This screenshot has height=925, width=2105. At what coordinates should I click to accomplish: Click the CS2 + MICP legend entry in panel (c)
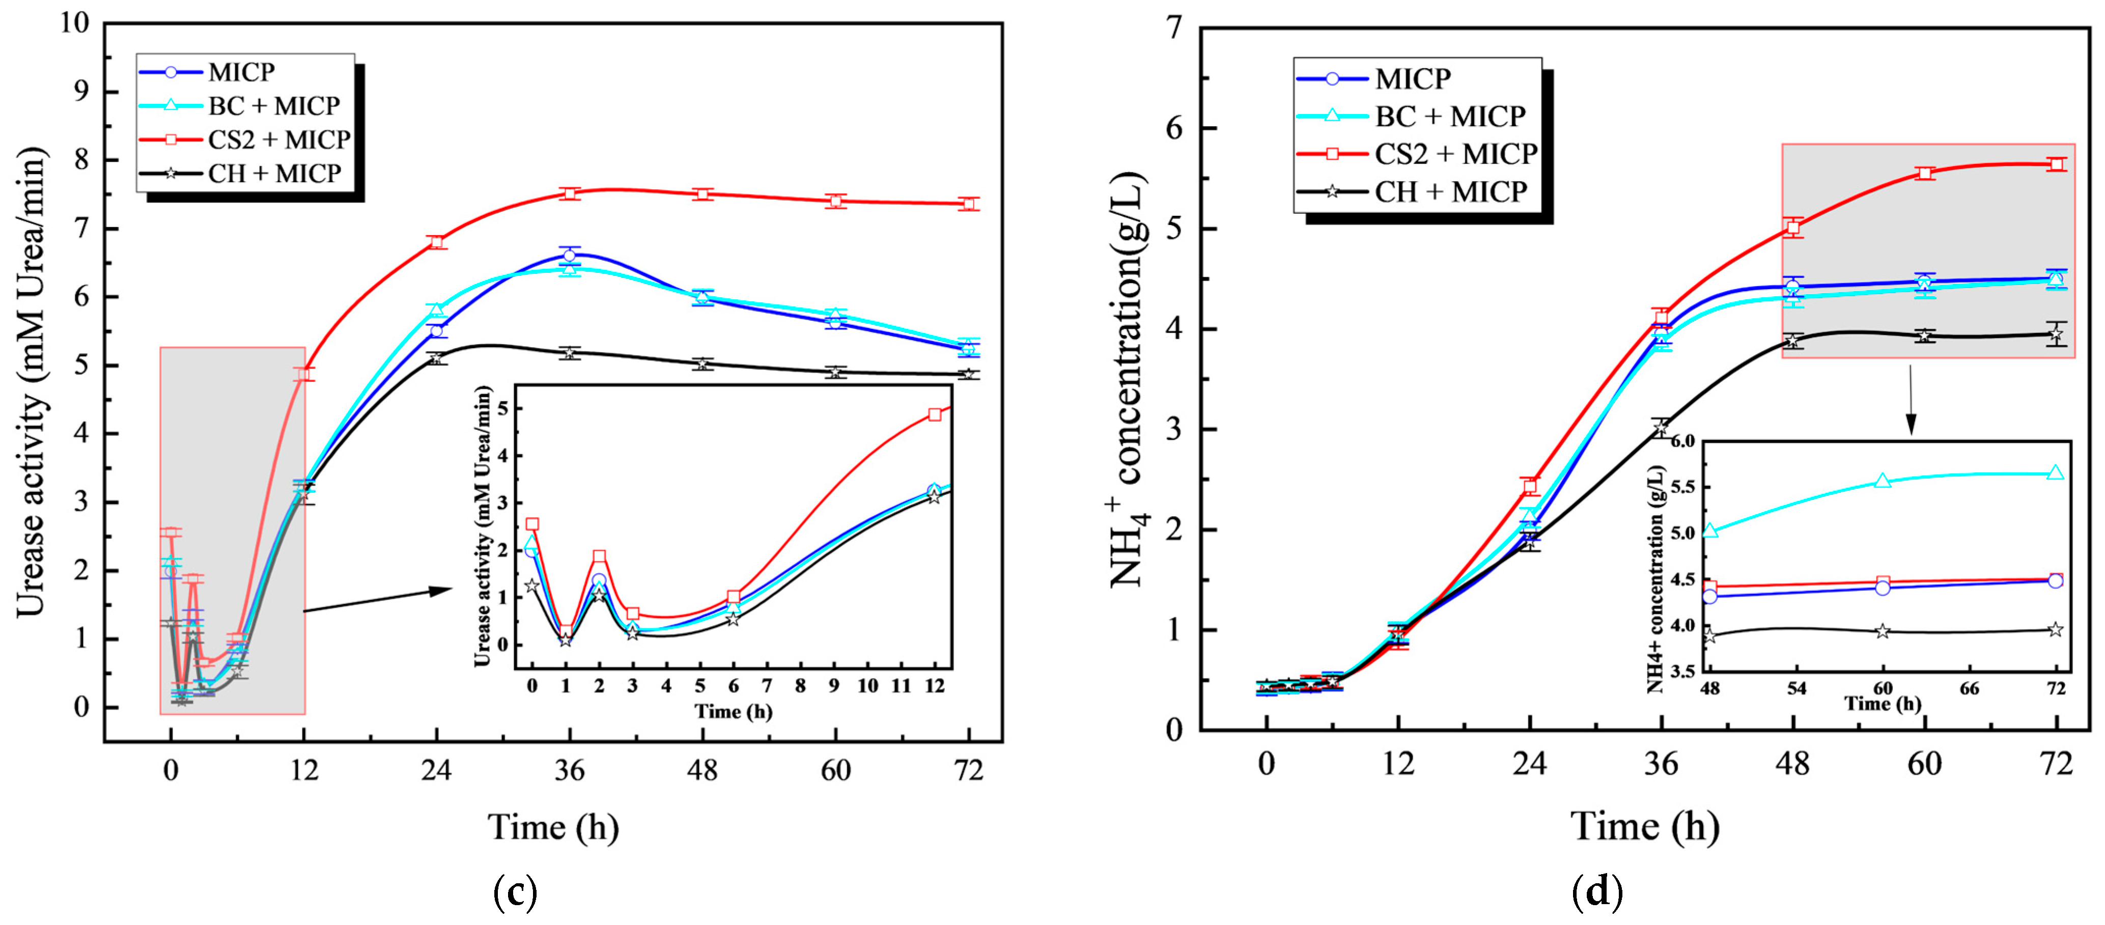point(278,139)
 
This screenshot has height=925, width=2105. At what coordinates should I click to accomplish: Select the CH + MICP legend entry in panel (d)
point(1450,192)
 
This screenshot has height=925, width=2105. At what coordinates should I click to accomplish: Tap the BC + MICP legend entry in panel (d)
point(1450,116)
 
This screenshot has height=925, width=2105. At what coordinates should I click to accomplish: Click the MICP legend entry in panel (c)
point(241,72)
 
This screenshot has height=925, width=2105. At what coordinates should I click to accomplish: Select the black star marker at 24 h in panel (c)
point(436,358)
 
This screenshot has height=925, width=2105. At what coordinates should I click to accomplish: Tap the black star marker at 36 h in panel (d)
point(1661,427)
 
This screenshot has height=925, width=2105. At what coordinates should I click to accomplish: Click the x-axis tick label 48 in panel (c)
point(702,771)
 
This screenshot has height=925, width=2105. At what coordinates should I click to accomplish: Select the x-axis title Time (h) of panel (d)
point(1644,826)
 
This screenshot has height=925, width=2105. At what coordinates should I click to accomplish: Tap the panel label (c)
point(516,893)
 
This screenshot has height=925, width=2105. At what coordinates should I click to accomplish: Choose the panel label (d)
point(1597,893)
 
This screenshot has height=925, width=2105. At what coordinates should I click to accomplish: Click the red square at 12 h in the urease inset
point(934,414)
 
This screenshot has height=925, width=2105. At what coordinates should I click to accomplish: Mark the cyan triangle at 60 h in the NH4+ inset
point(1883,481)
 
